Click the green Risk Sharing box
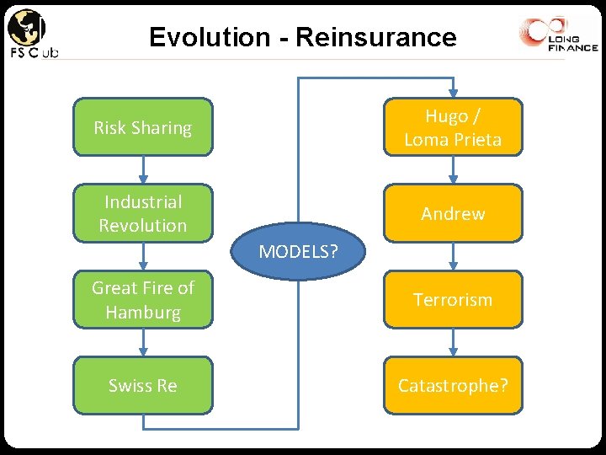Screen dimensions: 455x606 coord(143,128)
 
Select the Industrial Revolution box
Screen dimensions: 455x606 coord(143,213)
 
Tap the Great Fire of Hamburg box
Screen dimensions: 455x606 coord(143,299)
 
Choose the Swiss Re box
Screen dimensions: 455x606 coord(143,385)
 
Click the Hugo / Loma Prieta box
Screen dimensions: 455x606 coord(453,128)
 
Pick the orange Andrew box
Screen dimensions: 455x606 coord(453,213)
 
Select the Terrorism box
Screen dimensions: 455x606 coord(453,299)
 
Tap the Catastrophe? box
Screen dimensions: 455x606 coord(453,385)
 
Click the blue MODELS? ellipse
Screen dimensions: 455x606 coord(298,250)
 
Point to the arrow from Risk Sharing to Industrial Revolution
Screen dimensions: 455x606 coord(143,170)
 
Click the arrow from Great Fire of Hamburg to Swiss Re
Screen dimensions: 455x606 coord(143,342)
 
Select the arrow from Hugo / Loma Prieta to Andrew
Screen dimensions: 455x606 coord(454,170)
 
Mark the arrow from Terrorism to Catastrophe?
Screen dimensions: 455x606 coord(454,342)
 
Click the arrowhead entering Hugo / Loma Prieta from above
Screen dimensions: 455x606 coord(454,93)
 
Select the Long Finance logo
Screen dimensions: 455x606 coord(558,35)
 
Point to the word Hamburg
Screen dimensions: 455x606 coord(143,312)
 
